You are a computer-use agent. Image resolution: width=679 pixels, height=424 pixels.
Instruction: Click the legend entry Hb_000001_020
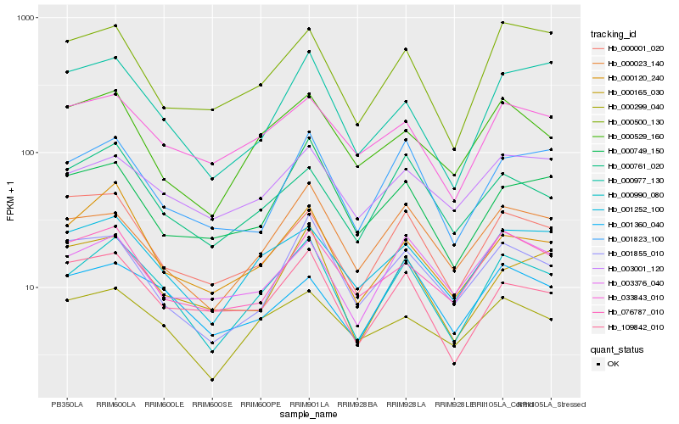pyautogui.click(x=631, y=48)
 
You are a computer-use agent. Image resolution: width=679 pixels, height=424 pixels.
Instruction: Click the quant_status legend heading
pyautogui.click(x=619, y=349)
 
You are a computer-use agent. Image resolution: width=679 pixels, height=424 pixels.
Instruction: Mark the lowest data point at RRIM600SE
pyautogui.click(x=212, y=380)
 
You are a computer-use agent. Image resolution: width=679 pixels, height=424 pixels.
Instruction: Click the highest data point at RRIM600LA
pyautogui.click(x=115, y=26)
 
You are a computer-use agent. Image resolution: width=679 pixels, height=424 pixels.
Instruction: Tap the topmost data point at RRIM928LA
pyautogui.click(x=406, y=49)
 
